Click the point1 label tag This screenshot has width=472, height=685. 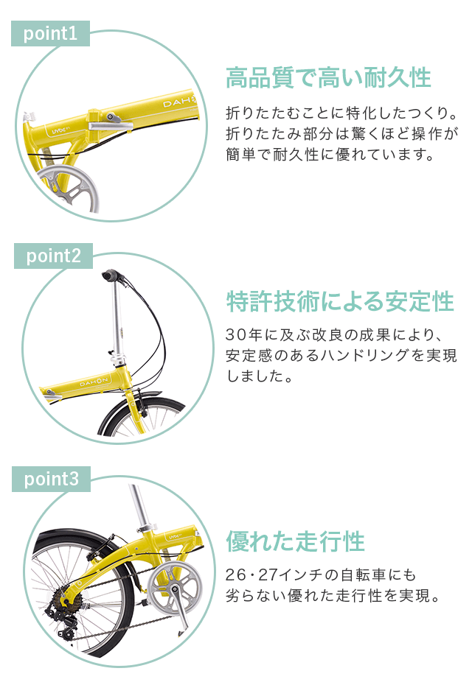50,34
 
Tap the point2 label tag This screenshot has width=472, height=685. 53,256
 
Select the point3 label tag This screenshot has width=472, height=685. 51,479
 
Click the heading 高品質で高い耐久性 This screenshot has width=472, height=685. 327,77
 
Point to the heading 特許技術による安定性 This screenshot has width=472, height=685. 340,301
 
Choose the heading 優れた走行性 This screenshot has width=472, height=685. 295,541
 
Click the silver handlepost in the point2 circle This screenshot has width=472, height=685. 117,317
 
